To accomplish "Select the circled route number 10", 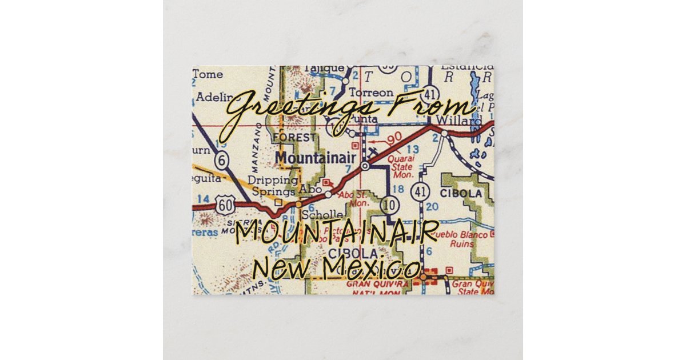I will click(x=390, y=205).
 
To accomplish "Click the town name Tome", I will click(x=207, y=74).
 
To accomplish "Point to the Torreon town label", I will click(x=371, y=92).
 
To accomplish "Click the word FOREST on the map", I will click(x=294, y=137).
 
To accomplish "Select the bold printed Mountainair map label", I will click(x=316, y=157).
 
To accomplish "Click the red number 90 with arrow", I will click(x=389, y=139).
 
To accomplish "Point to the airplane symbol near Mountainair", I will click(x=372, y=153).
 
